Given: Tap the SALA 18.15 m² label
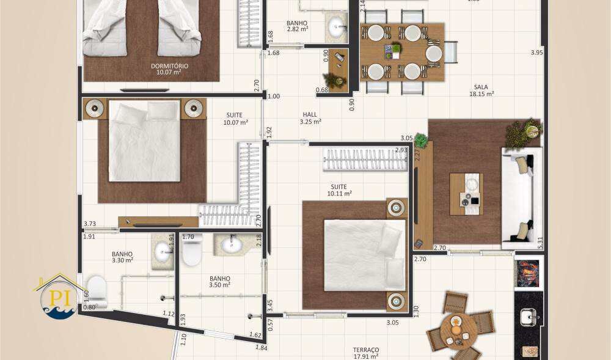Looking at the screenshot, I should [x=481, y=90].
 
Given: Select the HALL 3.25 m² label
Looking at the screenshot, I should [x=310, y=118].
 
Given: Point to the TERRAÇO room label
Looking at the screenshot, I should [x=366, y=353].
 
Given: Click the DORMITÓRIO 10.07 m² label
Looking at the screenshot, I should [x=169, y=68].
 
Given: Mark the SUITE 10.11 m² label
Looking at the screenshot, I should [x=339, y=190].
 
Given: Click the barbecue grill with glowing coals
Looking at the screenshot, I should [x=528, y=273].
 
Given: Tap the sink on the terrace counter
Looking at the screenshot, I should [x=528, y=316].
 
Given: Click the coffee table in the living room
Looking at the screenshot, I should [x=466, y=194].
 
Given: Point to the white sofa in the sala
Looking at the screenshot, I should [x=521, y=197].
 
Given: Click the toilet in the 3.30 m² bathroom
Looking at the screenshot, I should [x=97, y=291].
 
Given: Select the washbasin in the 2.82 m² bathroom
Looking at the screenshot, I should [x=335, y=27].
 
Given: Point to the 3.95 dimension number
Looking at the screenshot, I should [x=536, y=53].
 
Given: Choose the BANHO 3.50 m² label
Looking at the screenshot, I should [x=219, y=281].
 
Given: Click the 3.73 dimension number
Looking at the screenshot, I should [x=90, y=224].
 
